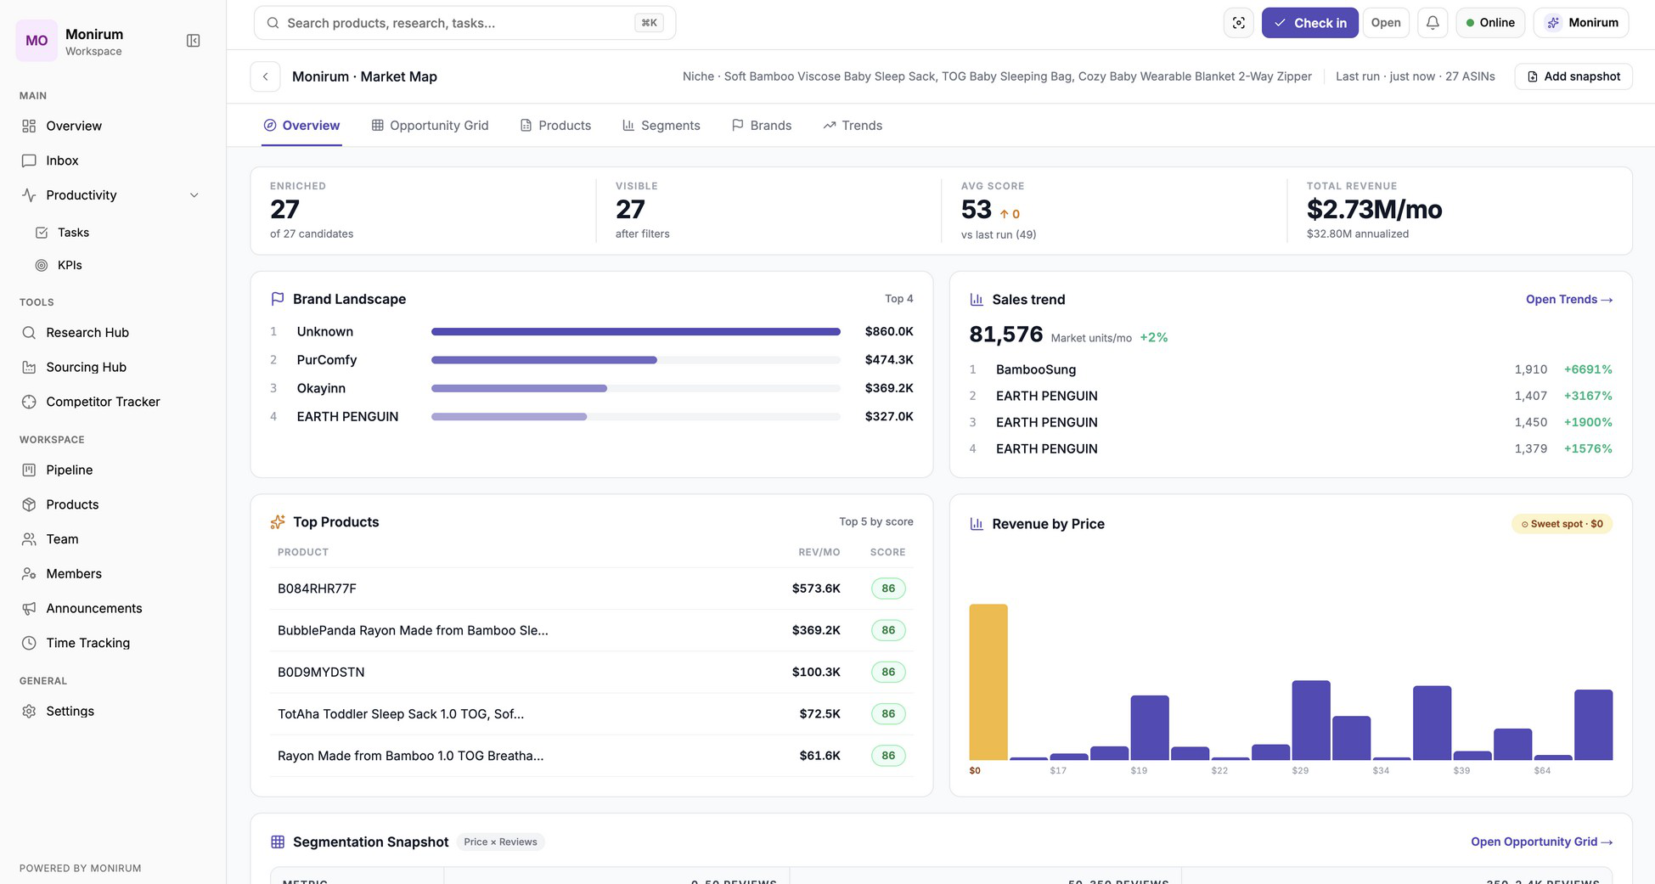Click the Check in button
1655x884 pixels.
tap(1309, 23)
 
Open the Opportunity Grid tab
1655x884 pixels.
tap(430, 126)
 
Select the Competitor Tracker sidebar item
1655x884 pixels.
tap(103, 402)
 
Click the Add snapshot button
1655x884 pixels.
tap(1573, 76)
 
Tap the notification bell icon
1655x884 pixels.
tap(1433, 23)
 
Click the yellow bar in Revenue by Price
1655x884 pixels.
tap(988, 682)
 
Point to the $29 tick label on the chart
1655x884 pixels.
tap(1300, 770)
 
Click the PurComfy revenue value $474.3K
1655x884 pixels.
tap(889, 360)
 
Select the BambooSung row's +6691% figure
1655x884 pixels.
tap(1588, 369)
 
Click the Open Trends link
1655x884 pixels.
tap(1569, 300)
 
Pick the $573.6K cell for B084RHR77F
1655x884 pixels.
tap(816, 588)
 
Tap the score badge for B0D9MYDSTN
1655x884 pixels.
tap(888, 672)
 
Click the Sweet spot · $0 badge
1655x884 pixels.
tap(1562, 524)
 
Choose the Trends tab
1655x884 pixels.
tap(853, 126)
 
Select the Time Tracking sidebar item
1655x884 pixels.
tap(87, 643)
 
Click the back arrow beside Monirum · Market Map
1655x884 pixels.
tap(266, 76)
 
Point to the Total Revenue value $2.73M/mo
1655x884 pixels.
tap(1374, 209)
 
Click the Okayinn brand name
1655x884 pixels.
tap(321, 388)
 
